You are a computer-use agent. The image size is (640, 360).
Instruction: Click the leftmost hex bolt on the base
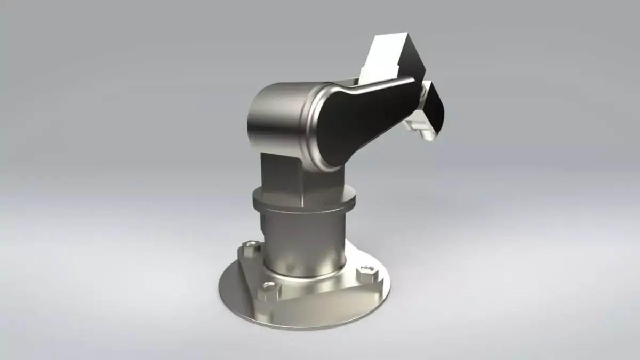pyautogui.click(x=250, y=247)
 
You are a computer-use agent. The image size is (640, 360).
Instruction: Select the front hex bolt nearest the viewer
pyautogui.click(x=269, y=291)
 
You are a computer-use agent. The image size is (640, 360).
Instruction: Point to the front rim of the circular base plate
pyautogui.click(x=299, y=323)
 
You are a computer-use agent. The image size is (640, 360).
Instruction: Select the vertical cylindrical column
pyautogui.click(x=304, y=240)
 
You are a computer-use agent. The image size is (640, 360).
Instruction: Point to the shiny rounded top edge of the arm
pyautogui.click(x=373, y=84)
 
